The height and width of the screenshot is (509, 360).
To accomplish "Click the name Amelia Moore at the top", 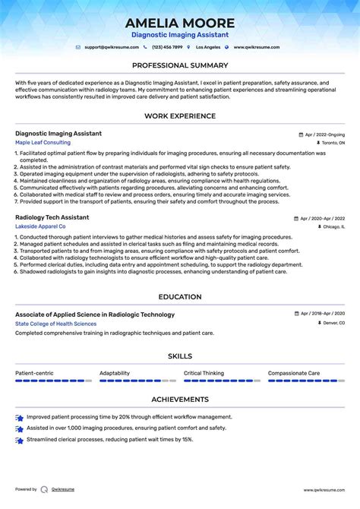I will pyautogui.click(x=180, y=23).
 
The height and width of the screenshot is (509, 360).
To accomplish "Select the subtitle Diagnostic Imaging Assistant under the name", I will pyautogui.click(x=180, y=35).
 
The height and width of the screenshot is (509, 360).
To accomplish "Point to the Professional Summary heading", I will pyautogui.click(x=180, y=65).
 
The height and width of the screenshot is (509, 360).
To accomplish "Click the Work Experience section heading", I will pyautogui.click(x=180, y=115).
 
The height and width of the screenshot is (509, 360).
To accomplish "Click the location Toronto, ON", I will pyautogui.click(x=333, y=143).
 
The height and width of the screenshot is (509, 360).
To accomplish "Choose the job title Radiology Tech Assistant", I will pyautogui.click(x=50, y=217).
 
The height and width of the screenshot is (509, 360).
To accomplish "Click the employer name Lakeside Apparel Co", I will pyautogui.click(x=40, y=226).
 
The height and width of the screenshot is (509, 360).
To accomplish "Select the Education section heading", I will pyautogui.click(x=180, y=297).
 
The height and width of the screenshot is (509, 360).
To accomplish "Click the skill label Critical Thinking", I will pyautogui.click(x=204, y=373).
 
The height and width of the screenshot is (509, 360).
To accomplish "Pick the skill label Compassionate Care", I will pyautogui.click(x=294, y=373).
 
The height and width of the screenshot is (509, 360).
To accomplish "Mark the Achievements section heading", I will pyautogui.click(x=180, y=399).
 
